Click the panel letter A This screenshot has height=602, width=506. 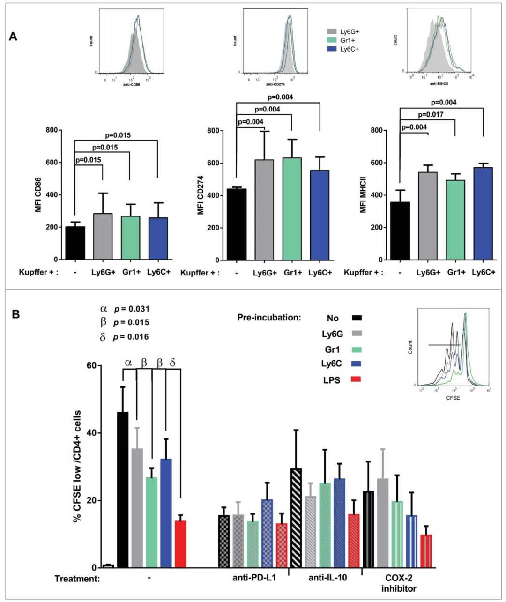tap(13, 36)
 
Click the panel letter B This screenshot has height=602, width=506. tap(15, 314)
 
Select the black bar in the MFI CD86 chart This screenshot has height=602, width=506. tap(75, 243)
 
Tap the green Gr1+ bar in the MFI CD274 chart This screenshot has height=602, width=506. tap(292, 209)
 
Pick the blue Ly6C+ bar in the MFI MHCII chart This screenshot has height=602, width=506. tap(483, 214)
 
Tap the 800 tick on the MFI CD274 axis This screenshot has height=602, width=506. tap(215, 130)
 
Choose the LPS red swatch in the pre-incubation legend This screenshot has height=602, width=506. tap(357, 379)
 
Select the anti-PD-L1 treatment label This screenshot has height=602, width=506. tap(254, 578)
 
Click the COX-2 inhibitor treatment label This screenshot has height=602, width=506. tap(399, 583)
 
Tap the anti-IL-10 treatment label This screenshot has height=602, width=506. tap(327, 578)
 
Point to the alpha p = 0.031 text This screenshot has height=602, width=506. tap(124, 309)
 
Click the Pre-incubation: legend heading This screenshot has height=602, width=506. tap(269, 318)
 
